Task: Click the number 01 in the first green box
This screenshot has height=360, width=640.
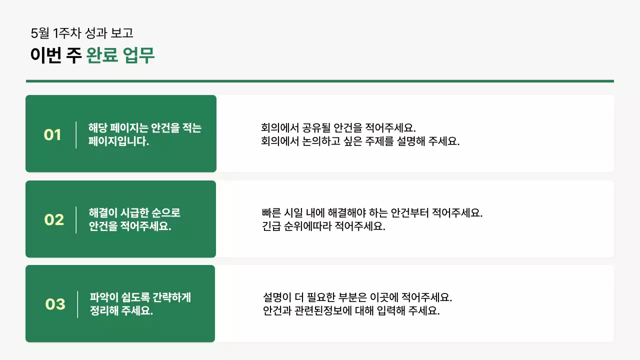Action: coord(52,135)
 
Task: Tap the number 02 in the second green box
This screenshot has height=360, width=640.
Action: coord(54,220)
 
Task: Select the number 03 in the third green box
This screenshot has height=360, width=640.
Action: coord(55,304)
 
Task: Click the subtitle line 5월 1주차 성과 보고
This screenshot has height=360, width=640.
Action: coord(82,33)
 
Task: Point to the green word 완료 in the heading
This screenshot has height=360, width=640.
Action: coord(102,55)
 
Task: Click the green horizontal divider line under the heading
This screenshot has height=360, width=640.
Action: coord(320,81)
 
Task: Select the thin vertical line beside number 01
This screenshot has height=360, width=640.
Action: coord(76,135)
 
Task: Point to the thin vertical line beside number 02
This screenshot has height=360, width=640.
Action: coord(76,220)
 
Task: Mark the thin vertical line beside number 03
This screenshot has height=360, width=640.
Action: coord(77,304)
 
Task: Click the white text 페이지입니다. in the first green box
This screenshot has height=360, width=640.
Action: coord(119,141)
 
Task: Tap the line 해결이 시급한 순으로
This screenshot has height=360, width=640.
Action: coord(134,213)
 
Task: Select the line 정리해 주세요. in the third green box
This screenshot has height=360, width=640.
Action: coord(121,310)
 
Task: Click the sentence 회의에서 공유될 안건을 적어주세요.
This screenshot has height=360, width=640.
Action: coord(338,127)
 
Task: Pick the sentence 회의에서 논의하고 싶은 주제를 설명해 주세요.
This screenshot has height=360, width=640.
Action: coord(360,141)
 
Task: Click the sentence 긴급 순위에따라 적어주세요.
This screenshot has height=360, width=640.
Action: coord(323,226)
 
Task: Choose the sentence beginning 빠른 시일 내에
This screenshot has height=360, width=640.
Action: coord(372,213)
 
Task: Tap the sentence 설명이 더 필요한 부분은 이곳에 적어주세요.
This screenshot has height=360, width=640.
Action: coord(357,297)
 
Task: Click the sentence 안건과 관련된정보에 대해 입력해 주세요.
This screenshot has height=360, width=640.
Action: coord(351,310)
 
